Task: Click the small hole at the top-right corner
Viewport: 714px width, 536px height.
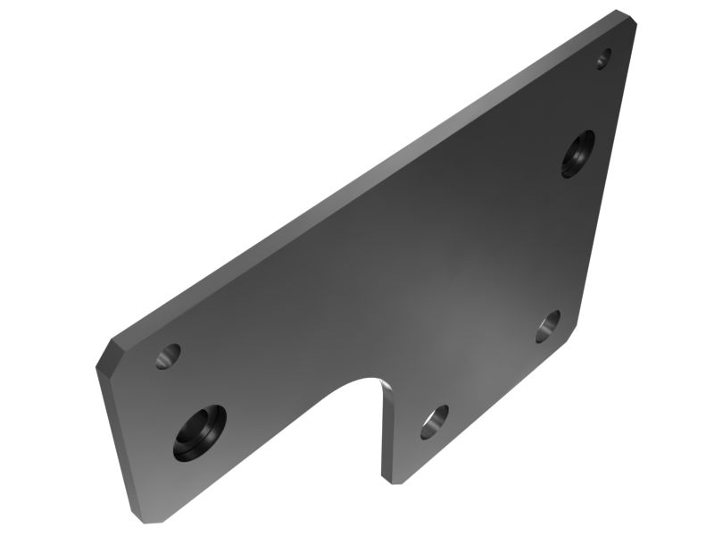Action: click(x=603, y=58)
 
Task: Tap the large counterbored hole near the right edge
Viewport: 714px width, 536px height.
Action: click(x=577, y=153)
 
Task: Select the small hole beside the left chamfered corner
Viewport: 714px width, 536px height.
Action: click(x=167, y=356)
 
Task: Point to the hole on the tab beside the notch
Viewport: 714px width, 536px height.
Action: click(x=434, y=421)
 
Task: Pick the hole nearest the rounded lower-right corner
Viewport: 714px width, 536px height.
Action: click(x=548, y=326)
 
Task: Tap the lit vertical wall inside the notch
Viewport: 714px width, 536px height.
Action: click(x=388, y=429)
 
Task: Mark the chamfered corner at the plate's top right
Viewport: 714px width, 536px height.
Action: click(x=627, y=17)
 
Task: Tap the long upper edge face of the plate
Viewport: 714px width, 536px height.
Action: click(x=357, y=179)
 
